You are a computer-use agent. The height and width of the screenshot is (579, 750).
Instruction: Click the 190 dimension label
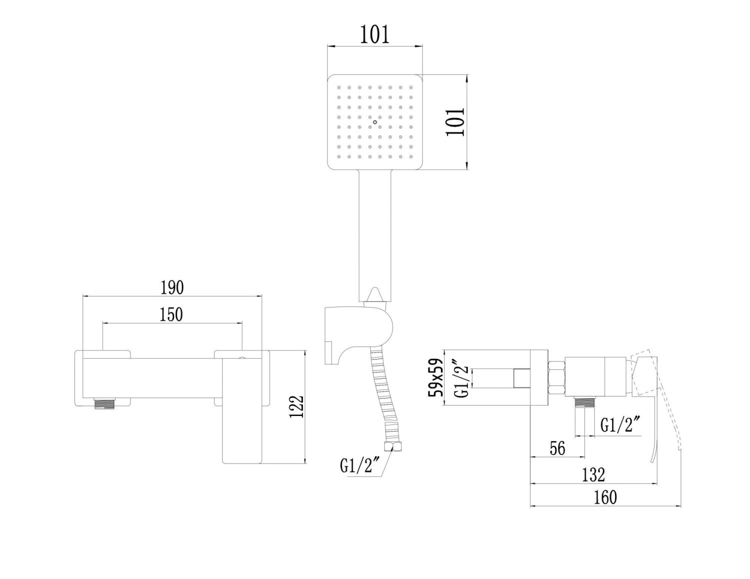(172, 287)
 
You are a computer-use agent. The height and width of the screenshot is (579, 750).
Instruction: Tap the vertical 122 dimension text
(297, 406)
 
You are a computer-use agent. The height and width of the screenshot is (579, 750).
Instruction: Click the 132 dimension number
(593, 474)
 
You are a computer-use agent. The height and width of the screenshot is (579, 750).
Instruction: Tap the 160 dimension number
(605, 497)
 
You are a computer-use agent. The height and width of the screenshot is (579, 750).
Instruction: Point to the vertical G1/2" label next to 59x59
(461, 378)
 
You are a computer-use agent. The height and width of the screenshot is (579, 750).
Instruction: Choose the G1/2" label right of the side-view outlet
(620, 425)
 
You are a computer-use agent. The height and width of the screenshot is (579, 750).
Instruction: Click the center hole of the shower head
(375, 121)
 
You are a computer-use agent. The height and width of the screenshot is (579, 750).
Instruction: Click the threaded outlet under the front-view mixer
(104, 403)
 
